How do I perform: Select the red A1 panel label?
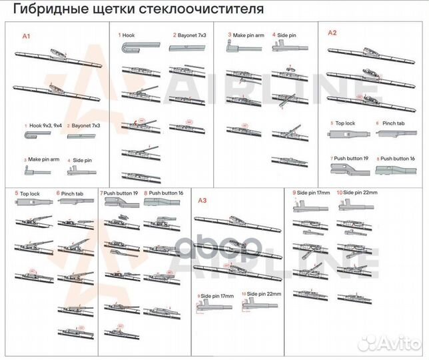(x=27, y=35)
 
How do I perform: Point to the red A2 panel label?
(x=332, y=32)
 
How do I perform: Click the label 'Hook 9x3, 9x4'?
(x=44, y=125)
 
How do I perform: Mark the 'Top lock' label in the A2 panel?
(x=344, y=124)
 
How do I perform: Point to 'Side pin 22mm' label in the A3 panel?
(x=262, y=294)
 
